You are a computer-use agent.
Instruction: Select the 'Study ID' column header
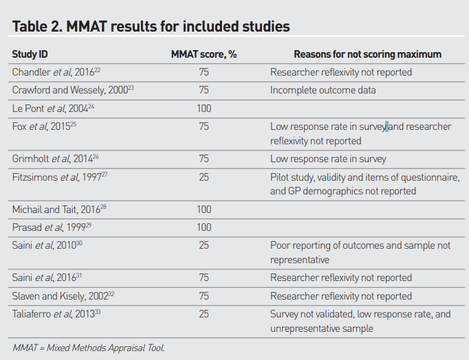point(30,54)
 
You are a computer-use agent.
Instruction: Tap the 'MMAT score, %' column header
point(204,54)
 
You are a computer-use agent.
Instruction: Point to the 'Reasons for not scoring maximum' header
point(368,54)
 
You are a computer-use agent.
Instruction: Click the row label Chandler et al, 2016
point(56,72)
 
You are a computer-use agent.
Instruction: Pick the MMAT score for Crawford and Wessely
point(204,90)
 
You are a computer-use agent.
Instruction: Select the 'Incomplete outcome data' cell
point(323,90)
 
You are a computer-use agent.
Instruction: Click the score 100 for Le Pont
point(204,108)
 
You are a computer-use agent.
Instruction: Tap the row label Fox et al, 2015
point(44,126)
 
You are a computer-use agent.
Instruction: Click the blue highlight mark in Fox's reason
point(386,126)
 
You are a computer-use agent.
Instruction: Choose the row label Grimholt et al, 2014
point(55,159)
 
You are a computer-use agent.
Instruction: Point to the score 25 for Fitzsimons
point(204,177)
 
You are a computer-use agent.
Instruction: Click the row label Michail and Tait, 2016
point(59,210)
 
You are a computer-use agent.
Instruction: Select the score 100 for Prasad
point(204,227)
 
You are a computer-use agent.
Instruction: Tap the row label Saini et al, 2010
point(47,245)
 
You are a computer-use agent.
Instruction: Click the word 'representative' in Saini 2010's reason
point(299,260)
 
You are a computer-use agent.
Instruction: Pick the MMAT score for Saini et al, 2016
point(204,278)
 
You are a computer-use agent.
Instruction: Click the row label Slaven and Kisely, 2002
point(63,296)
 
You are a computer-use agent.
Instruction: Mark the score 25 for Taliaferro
point(204,314)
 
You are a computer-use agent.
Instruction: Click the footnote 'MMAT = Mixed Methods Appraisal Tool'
point(89,348)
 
